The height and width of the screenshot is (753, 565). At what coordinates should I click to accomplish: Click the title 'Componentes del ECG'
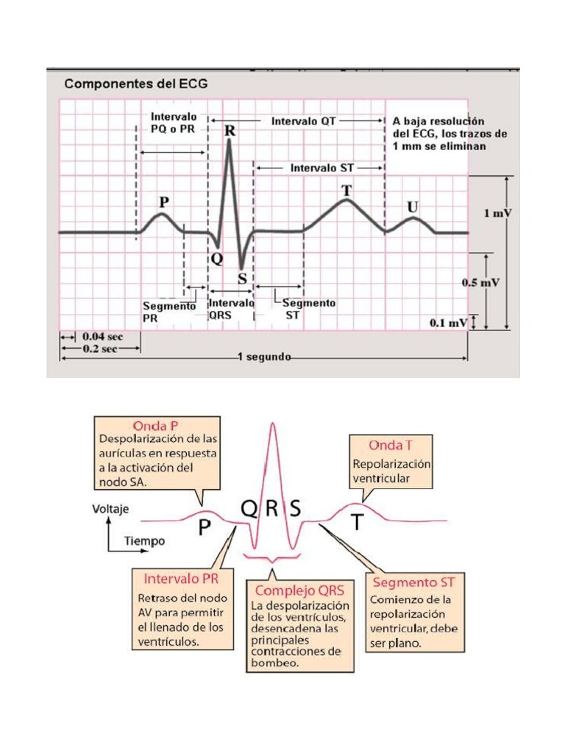[x=136, y=84]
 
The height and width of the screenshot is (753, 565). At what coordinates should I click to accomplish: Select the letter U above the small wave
[x=413, y=207]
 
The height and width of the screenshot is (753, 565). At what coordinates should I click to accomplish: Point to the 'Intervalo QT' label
[x=303, y=121]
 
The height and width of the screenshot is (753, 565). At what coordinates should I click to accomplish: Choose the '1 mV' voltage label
[x=498, y=214]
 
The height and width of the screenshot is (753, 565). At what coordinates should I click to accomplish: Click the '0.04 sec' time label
[x=102, y=336]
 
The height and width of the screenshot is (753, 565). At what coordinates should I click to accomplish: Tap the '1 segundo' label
[x=264, y=358]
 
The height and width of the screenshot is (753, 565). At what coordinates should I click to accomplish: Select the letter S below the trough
[x=243, y=279]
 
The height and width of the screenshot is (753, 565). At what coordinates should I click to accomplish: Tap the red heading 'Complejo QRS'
[x=299, y=590]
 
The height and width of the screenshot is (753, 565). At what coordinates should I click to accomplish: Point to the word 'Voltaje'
[x=111, y=507]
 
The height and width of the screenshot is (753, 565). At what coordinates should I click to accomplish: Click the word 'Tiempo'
[x=144, y=540]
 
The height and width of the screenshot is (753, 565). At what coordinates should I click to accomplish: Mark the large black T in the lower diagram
[x=357, y=522]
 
